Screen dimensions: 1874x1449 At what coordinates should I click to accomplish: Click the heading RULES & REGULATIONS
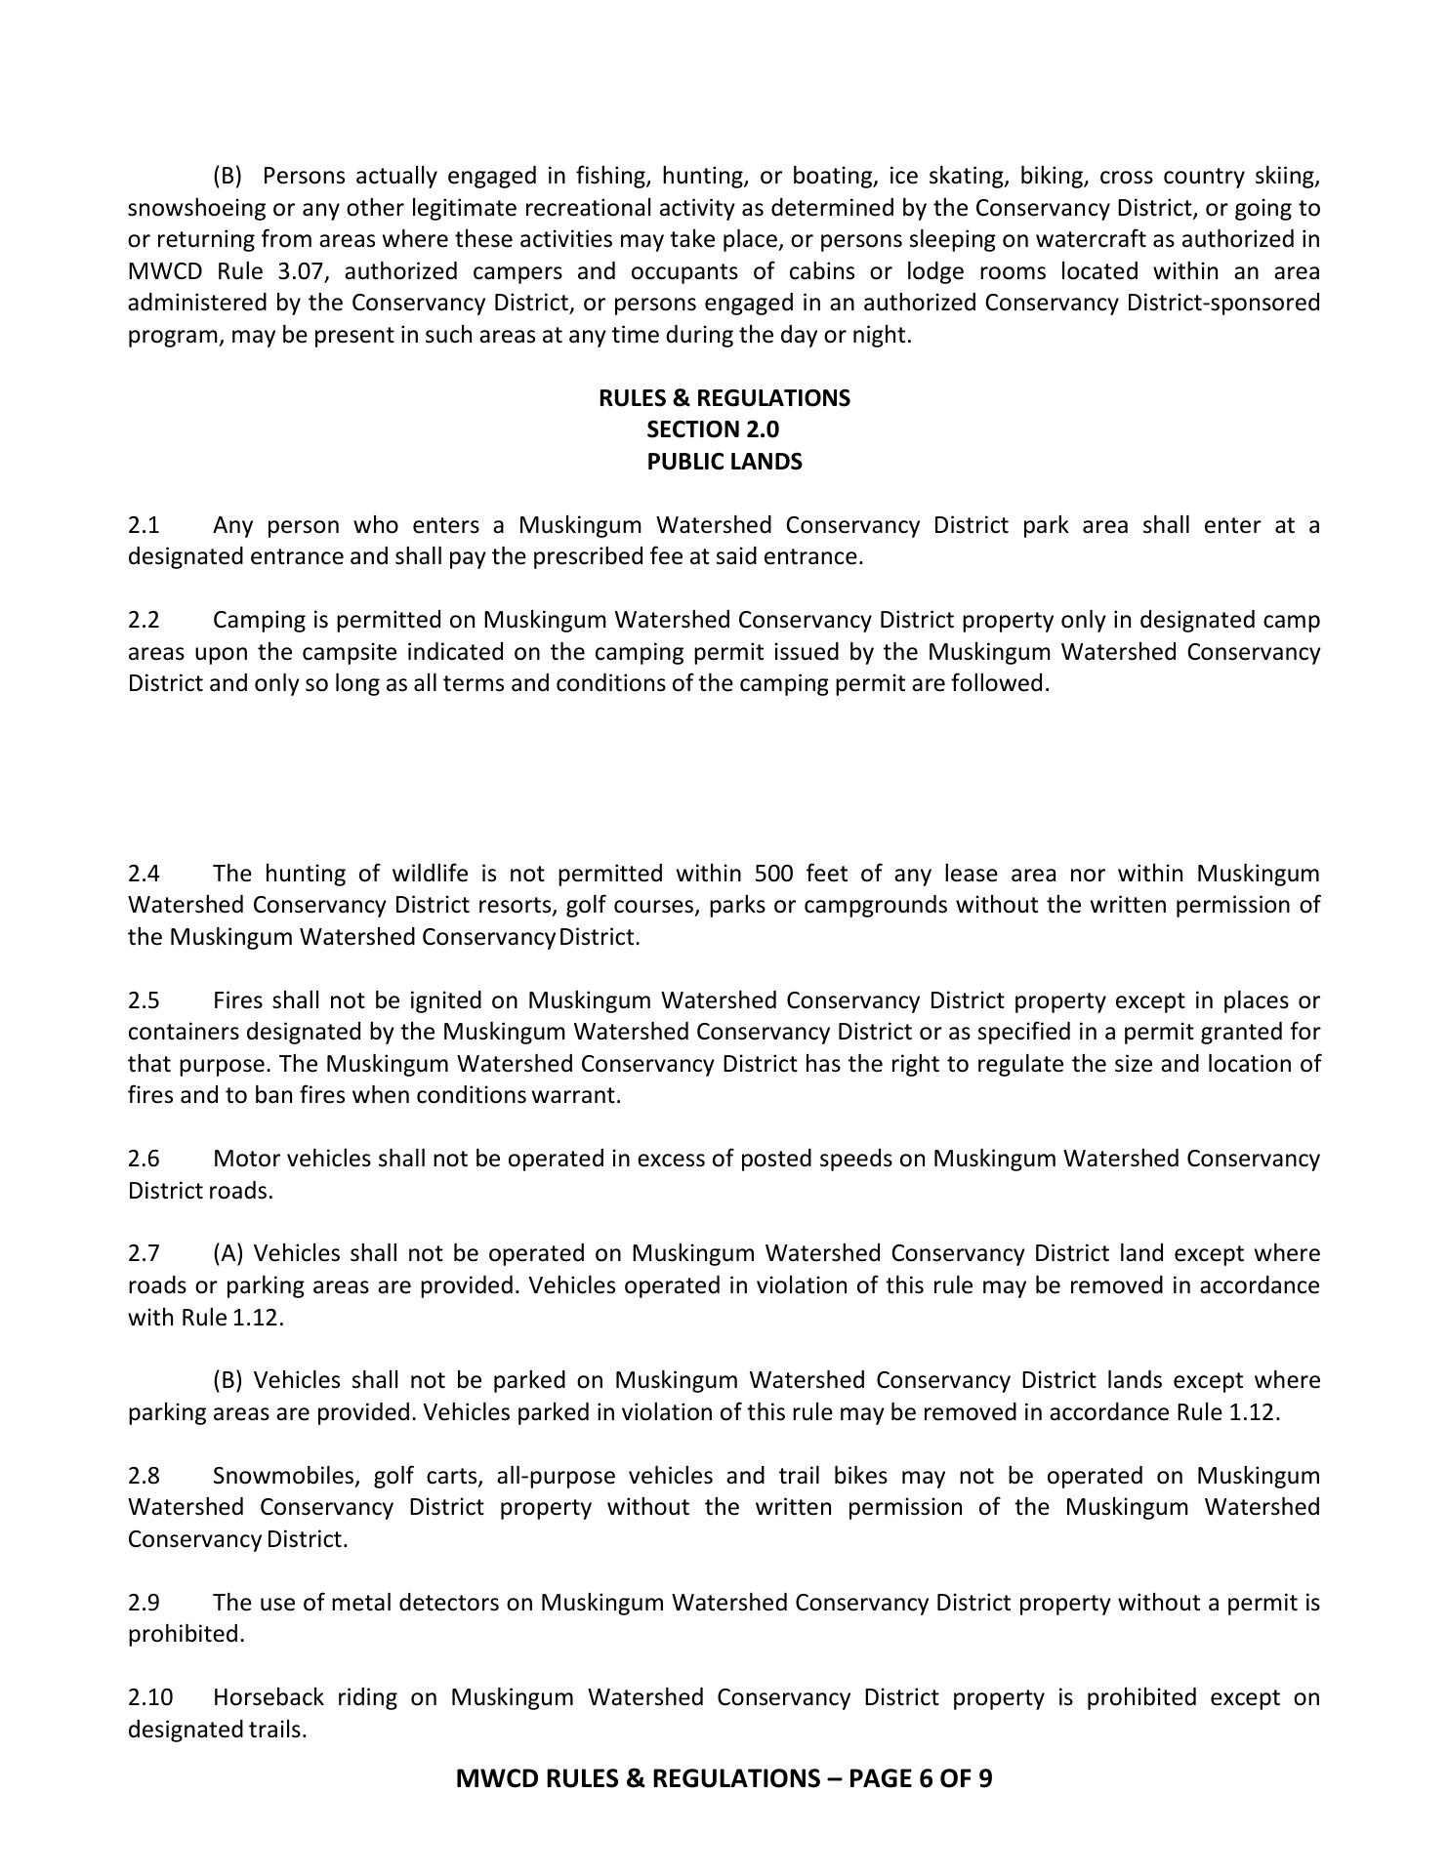pyautogui.click(x=724, y=398)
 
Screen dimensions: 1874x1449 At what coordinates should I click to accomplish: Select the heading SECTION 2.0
pyautogui.click(x=713, y=429)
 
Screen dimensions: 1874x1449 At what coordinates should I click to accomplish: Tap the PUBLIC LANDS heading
pyautogui.click(x=724, y=462)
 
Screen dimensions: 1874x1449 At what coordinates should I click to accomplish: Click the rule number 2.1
pyautogui.click(x=144, y=526)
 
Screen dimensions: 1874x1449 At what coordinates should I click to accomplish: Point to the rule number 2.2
pyautogui.click(x=144, y=621)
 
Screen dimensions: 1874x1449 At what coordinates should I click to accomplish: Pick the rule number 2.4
pyautogui.click(x=144, y=874)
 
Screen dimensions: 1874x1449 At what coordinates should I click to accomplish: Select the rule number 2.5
pyautogui.click(x=144, y=1000)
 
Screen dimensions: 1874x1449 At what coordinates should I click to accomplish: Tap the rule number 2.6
pyautogui.click(x=144, y=1159)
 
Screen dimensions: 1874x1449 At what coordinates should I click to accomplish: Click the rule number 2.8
pyautogui.click(x=144, y=1476)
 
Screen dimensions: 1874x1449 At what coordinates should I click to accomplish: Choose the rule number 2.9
pyautogui.click(x=144, y=1603)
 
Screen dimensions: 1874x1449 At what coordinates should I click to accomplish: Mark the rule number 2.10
pyautogui.click(x=148, y=1697)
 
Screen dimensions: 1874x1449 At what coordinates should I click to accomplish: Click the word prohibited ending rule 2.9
pyautogui.click(x=185, y=1634)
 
